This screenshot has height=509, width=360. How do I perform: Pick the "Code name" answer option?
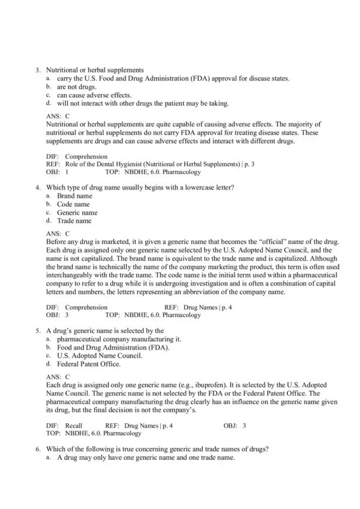click(x=73, y=204)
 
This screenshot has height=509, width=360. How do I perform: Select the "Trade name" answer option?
click(x=74, y=221)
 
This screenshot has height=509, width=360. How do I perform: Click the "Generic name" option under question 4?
click(x=77, y=213)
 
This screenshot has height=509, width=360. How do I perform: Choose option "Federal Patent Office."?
click(x=89, y=364)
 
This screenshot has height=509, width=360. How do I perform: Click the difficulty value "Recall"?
click(x=74, y=426)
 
